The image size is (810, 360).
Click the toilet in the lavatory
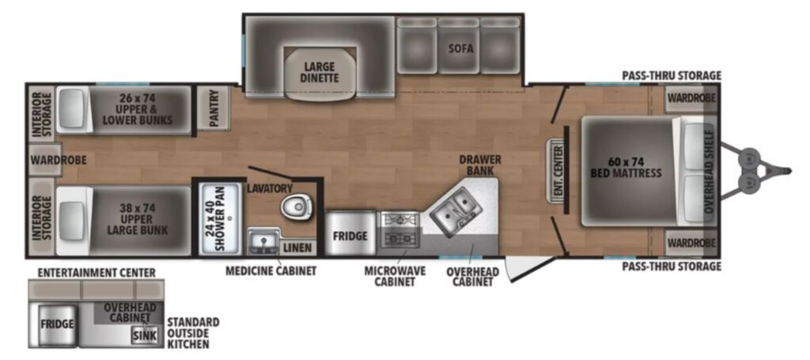coord(296,207)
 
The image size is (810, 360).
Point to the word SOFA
coord(461,48)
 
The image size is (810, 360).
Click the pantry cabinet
coord(214,108)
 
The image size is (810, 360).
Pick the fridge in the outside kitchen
coord(57,325)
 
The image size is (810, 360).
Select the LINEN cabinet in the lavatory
coord(298,248)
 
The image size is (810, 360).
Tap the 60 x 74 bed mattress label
coord(626,166)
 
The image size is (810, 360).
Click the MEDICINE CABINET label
coord(271,270)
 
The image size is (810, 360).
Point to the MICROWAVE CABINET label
coord(396,276)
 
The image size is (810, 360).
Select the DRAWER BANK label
coord(480,165)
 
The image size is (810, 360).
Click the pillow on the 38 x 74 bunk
coord(73,221)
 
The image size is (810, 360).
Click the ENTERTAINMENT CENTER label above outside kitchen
coord(97,272)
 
